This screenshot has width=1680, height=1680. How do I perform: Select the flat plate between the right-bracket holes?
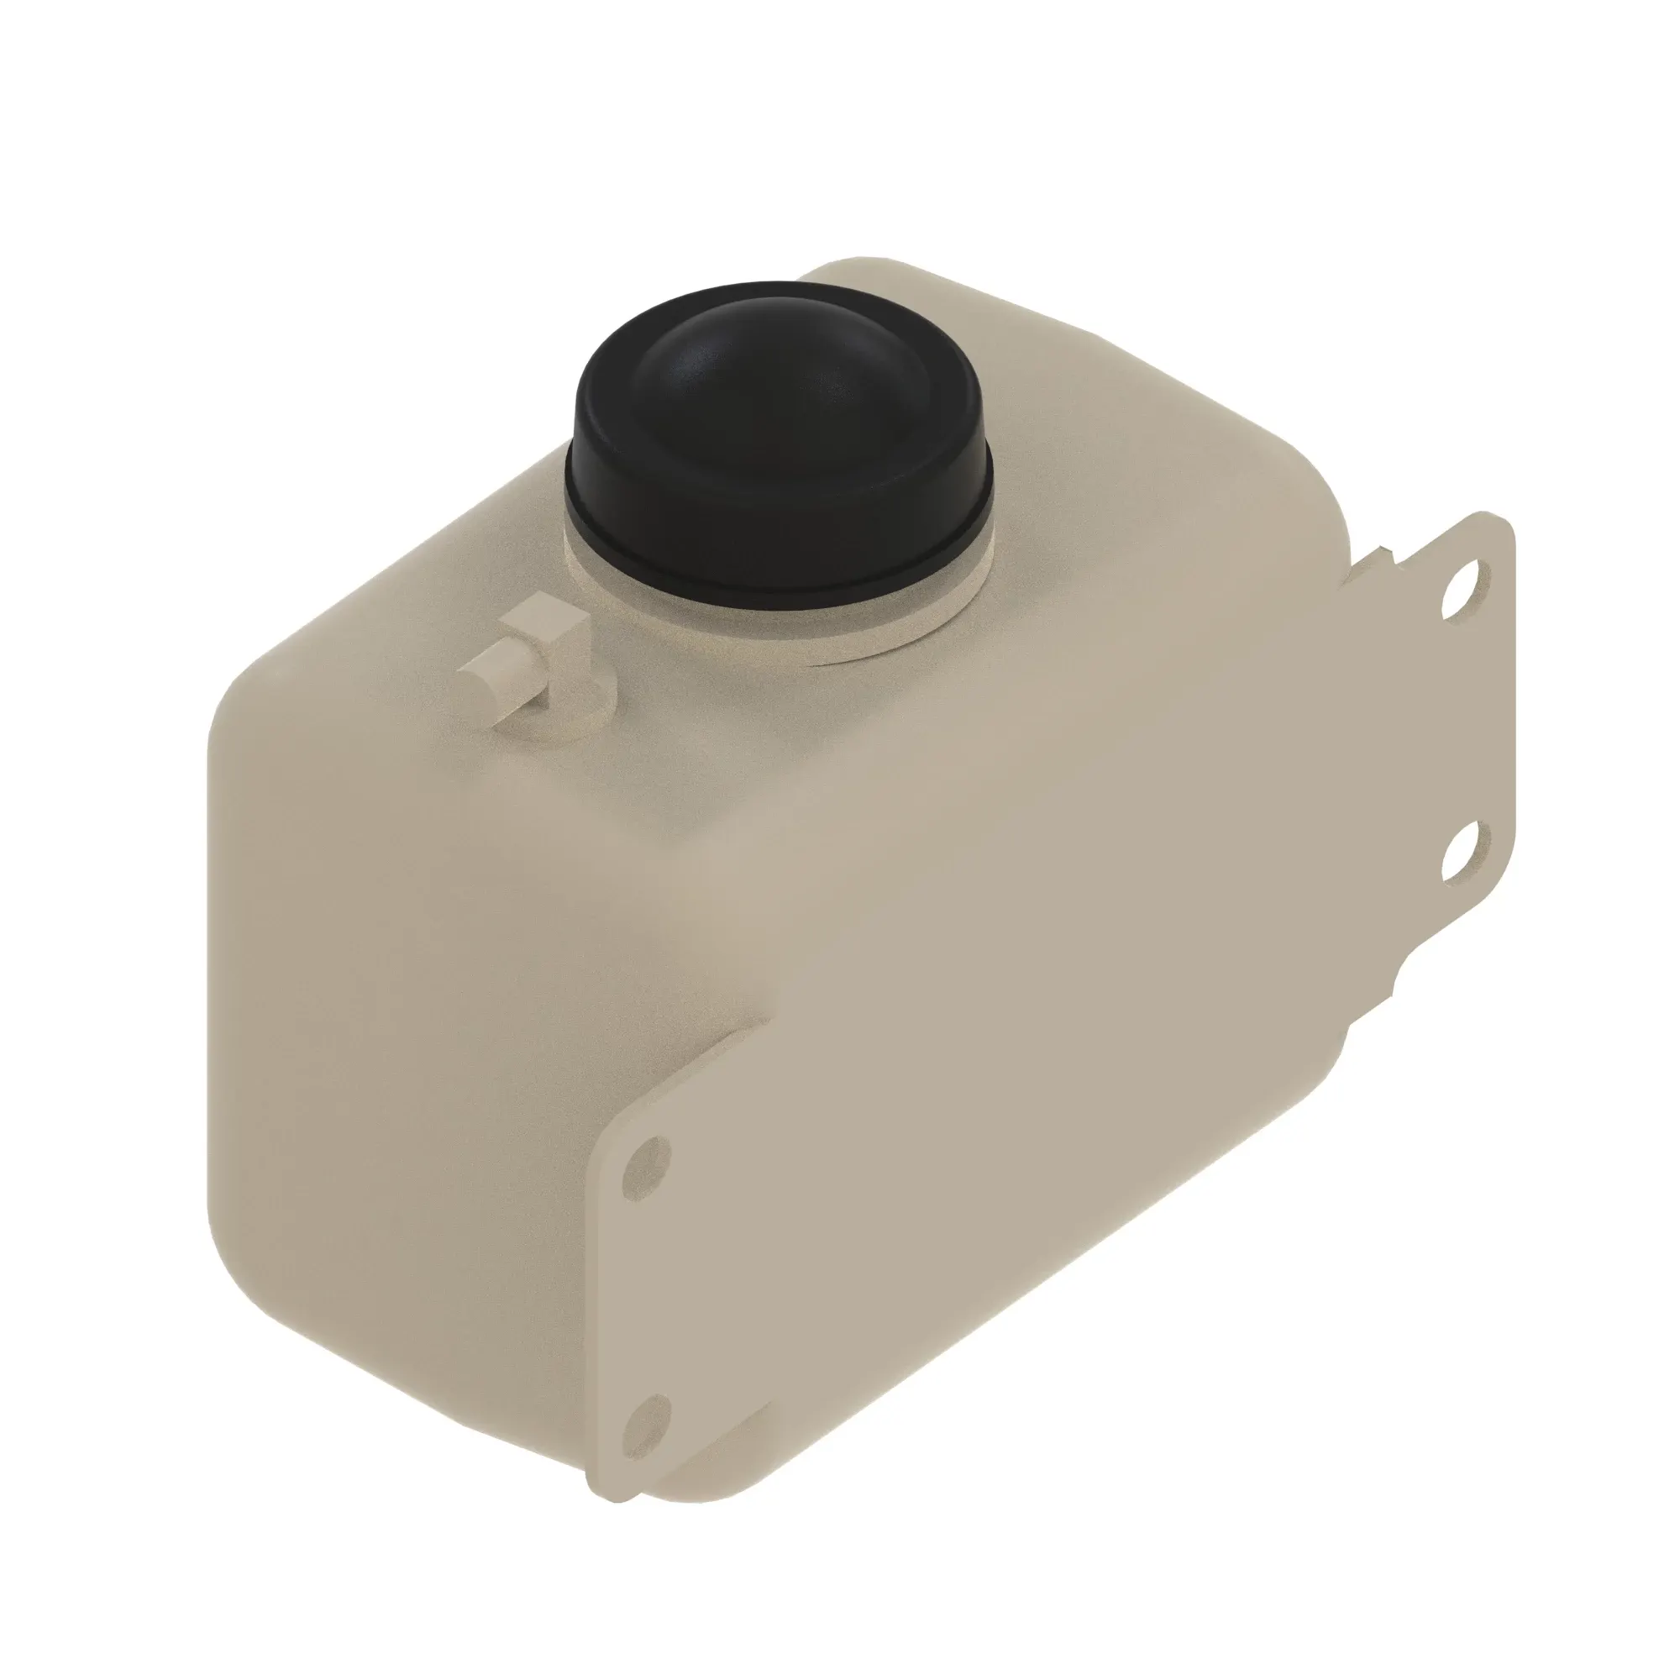coord(1469,722)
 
